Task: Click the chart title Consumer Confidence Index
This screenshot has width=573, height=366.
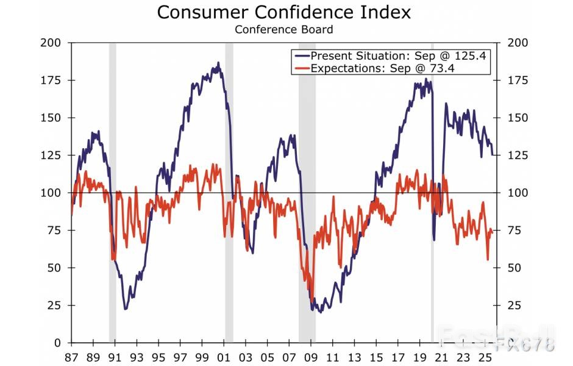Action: click(x=283, y=12)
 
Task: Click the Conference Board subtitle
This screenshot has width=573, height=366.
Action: click(x=283, y=29)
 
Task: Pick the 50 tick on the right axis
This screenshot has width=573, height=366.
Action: click(x=514, y=268)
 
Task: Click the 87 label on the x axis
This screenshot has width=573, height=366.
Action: click(x=71, y=357)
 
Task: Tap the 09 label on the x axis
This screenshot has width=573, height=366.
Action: click(x=311, y=357)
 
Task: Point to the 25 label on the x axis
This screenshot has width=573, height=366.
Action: click(x=485, y=357)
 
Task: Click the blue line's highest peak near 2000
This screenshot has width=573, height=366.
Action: click(x=218, y=63)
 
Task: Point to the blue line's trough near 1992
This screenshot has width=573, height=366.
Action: click(x=126, y=309)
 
